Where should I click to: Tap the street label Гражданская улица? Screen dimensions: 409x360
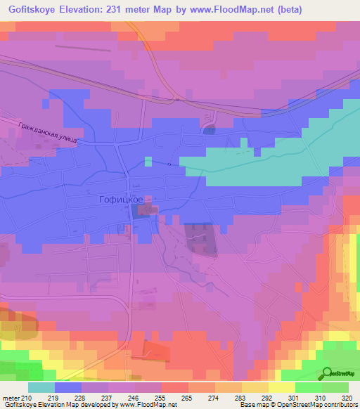pos(46,131)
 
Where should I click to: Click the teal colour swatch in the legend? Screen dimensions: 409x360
pos(41,387)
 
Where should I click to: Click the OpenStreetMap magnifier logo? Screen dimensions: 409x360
pos(327,374)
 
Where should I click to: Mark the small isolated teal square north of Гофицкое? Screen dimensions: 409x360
pos(148,161)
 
